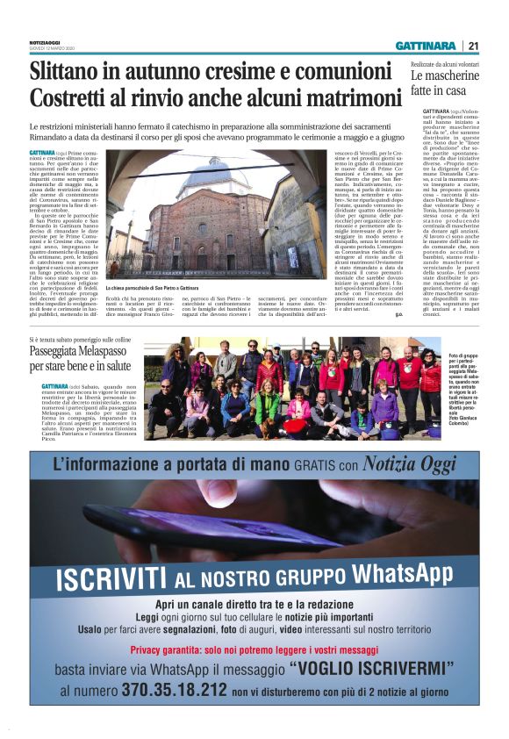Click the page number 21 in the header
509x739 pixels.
[x=474, y=46]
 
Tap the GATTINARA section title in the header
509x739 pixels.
[x=425, y=46]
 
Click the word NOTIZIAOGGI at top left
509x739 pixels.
[x=45, y=43]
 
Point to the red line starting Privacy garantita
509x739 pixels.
[x=254, y=649]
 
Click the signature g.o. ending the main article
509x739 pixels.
[x=398, y=314]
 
